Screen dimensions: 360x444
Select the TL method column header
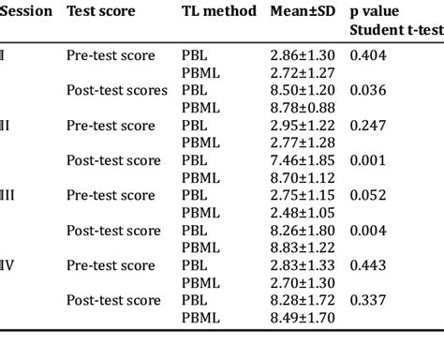(x=217, y=12)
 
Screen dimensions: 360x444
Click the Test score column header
(x=101, y=12)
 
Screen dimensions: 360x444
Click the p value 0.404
(x=367, y=55)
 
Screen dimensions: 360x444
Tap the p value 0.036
(x=367, y=91)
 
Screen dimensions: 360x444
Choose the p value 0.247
(x=367, y=126)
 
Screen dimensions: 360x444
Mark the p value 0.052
(x=367, y=195)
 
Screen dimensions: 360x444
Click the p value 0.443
(x=367, y=265)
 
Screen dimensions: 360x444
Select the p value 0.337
(x=367, y=300)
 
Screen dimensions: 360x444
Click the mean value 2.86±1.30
(x=301, y=55)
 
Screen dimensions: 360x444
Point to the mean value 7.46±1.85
(x=301, y=160)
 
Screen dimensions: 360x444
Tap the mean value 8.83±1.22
(x=301, y=247)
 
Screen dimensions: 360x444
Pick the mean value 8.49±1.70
(x=301, y=318)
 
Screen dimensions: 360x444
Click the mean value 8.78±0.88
(x=301, y=108)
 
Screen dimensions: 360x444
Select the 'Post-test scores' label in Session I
(x=117, y=91)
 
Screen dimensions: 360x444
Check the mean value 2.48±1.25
(x=301, y=213)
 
